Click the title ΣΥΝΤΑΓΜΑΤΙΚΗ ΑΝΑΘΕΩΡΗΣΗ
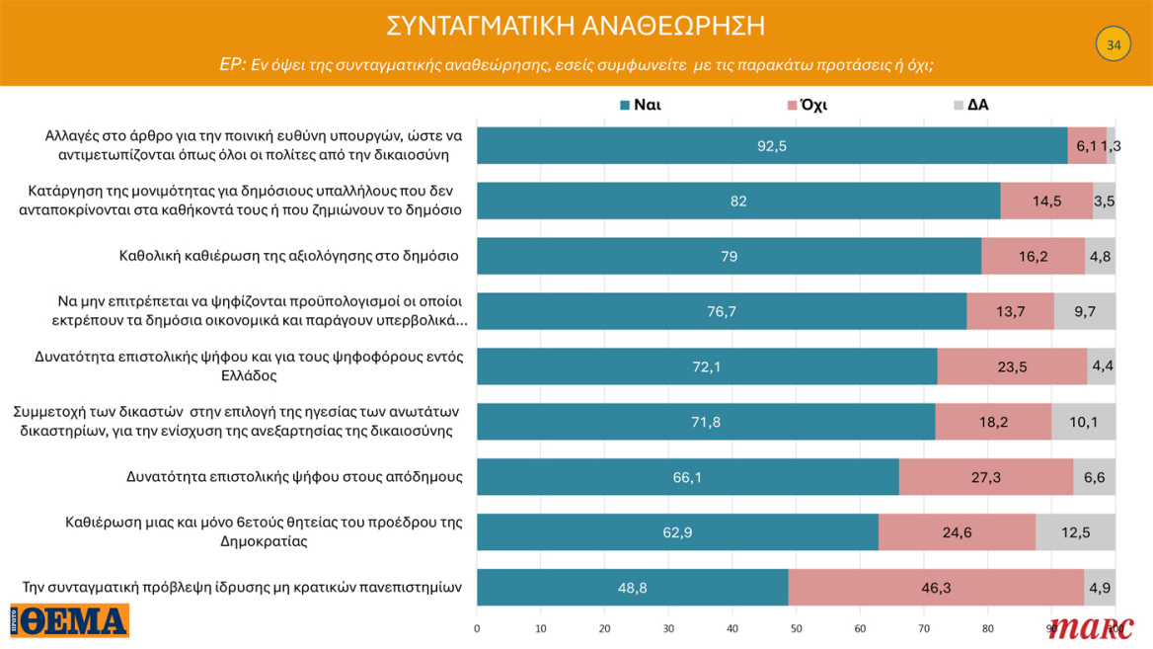576,26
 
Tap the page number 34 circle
1113,45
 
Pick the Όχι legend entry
806,105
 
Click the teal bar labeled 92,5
772,145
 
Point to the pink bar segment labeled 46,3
936,587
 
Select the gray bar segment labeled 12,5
1075,531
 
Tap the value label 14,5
1046,201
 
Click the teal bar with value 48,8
632,587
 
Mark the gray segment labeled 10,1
1083,422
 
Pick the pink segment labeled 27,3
986,476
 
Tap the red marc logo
1091,626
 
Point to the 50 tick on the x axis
796,628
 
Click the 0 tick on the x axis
477,628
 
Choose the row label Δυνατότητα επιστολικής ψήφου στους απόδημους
295,476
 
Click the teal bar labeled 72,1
707,366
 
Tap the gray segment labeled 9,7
1084,311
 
